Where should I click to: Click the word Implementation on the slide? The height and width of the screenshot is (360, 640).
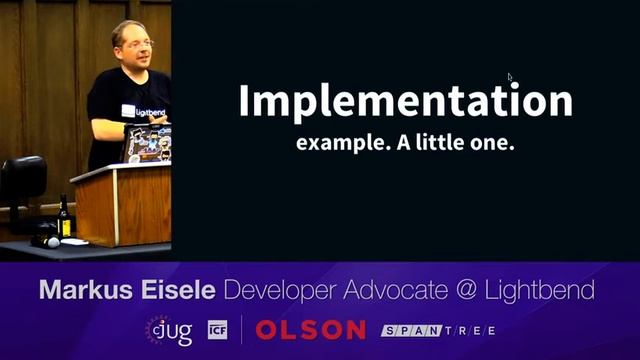coord(405,101)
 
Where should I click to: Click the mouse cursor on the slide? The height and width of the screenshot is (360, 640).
coord(510,77)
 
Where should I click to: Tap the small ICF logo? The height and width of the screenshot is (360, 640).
coord(217,329)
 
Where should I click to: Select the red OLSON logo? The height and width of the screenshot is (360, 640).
coord(310,329)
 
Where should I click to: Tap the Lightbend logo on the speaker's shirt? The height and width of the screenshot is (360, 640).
coord(146,110)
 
